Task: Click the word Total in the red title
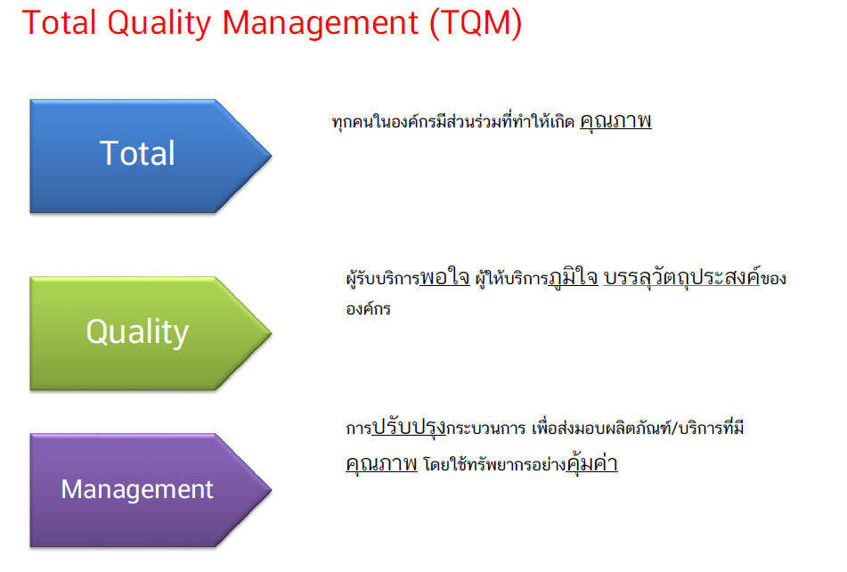coord(60,22)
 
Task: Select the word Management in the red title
coord(321,24)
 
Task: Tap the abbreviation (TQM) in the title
coord(476,24)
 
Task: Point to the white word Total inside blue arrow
coord(137,153)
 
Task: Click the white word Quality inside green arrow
coord(137,332)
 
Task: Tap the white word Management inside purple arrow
coord(137,490)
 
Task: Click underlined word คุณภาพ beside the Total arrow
coord(615,120)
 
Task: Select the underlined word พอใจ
coord(444,277)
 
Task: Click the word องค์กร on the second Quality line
coord(368,308)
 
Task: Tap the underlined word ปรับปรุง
coord(409,427)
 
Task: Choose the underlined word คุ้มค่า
coord(591,463)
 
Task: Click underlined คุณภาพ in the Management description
coord(381,463)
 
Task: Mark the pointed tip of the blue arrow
coord(271,156)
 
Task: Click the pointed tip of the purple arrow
coord(271,490)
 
